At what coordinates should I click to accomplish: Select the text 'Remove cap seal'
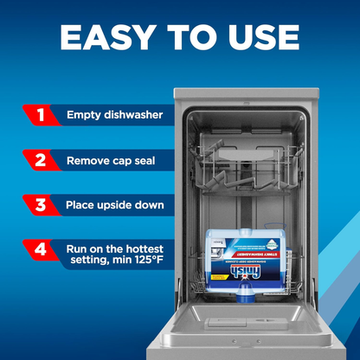point(109,161)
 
